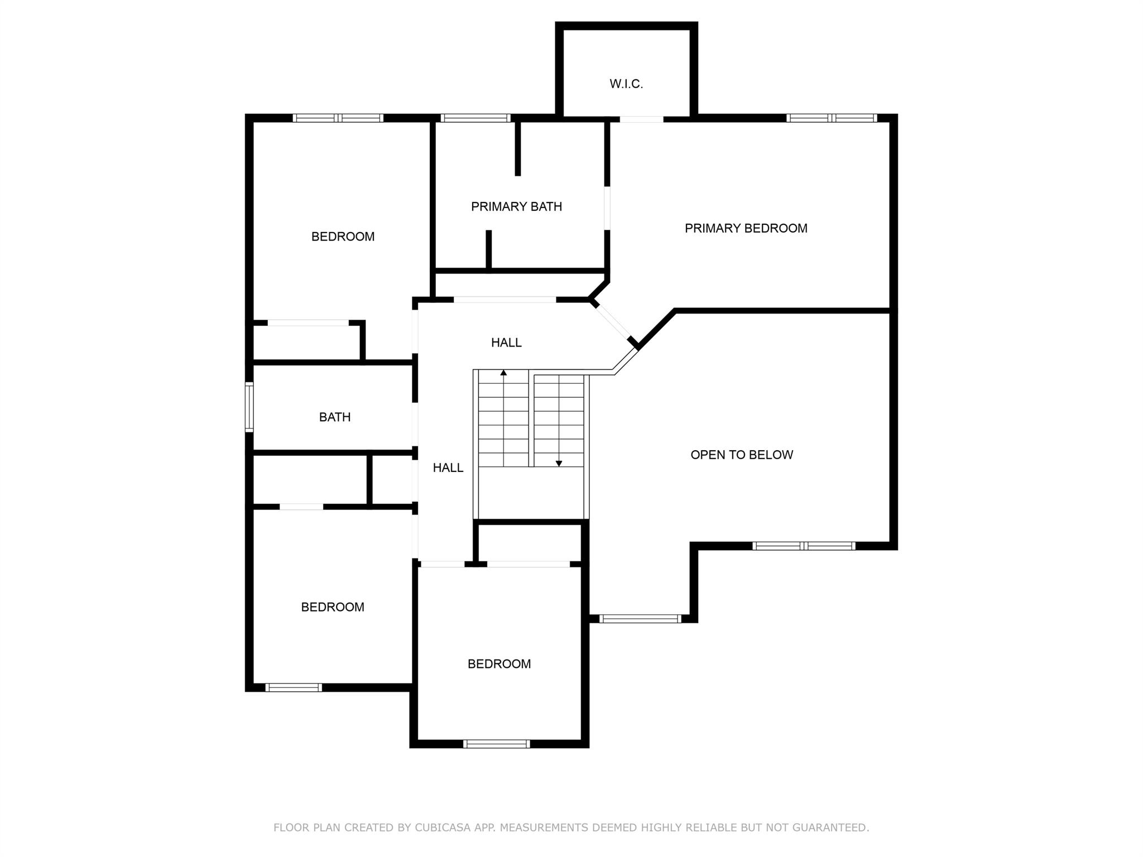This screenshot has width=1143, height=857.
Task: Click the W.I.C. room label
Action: (626, 84)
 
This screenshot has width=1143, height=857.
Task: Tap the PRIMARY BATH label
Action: (516, 207)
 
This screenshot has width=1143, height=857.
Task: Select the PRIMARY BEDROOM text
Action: (746, 228)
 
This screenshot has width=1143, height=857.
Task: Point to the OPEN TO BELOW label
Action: (741, 455)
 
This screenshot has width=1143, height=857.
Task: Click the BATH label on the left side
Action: (335, 417)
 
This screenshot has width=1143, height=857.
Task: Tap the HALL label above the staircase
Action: (506, 343)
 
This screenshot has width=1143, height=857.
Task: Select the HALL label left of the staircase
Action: (448, 468)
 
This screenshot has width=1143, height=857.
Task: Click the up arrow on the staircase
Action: (503, 373)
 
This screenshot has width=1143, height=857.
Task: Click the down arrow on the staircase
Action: (559, 463)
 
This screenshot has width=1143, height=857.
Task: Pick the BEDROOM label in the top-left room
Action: (343, 237)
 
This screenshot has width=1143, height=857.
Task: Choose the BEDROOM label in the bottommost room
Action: (499, 664)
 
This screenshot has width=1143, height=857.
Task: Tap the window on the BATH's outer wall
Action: (249, 407)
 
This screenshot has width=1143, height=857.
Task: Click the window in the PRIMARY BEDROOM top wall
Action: (832, 118)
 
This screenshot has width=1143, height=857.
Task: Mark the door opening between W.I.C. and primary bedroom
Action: (641, 119)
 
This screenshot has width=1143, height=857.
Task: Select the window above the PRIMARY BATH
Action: (475, 118)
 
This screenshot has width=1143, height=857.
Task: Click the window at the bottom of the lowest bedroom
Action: (496, 743)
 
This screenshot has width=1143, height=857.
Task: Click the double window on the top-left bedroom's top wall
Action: (338, 118)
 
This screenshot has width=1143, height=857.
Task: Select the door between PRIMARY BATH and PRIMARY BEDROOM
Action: (607, 208)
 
